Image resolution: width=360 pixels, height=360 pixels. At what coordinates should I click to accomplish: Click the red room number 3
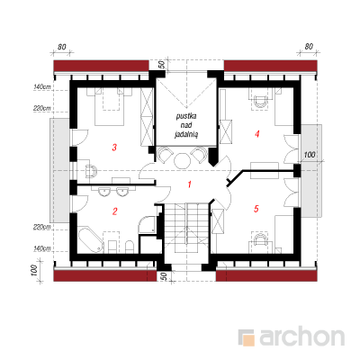[114, 148]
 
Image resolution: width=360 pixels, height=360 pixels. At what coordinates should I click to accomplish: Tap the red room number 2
[114, 211]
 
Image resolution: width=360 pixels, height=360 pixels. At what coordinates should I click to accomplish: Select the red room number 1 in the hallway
[189, 184]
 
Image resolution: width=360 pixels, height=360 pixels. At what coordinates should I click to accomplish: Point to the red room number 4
[256, 134]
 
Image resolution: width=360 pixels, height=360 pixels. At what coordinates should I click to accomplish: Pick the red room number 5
[256, 209]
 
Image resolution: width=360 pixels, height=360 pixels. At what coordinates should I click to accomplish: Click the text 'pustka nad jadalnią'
[186, 125]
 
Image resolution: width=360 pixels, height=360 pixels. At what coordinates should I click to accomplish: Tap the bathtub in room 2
[91, 240]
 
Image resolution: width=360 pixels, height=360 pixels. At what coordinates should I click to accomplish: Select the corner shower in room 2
[147, 225]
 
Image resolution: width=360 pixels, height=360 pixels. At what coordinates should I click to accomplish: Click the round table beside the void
[183, 161]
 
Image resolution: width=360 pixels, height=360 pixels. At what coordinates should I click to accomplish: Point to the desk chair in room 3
[91, 171]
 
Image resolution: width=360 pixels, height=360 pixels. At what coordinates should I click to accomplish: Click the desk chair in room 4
[260, 102]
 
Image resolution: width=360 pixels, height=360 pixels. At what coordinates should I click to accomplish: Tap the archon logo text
[301, 337]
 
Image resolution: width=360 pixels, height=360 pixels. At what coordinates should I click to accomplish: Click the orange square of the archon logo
[248, 340]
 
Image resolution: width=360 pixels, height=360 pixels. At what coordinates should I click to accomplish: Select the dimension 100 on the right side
[310, 155]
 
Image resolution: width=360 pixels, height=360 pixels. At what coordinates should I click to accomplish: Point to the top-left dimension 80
[62, 47]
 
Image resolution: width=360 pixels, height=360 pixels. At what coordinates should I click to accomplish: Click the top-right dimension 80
[309, 47]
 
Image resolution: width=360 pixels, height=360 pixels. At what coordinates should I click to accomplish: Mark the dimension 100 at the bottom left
[34, 271]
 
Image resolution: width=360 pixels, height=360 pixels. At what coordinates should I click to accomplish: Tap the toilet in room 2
[129, 246]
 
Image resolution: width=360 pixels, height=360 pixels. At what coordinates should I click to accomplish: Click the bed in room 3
[109, 106]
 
